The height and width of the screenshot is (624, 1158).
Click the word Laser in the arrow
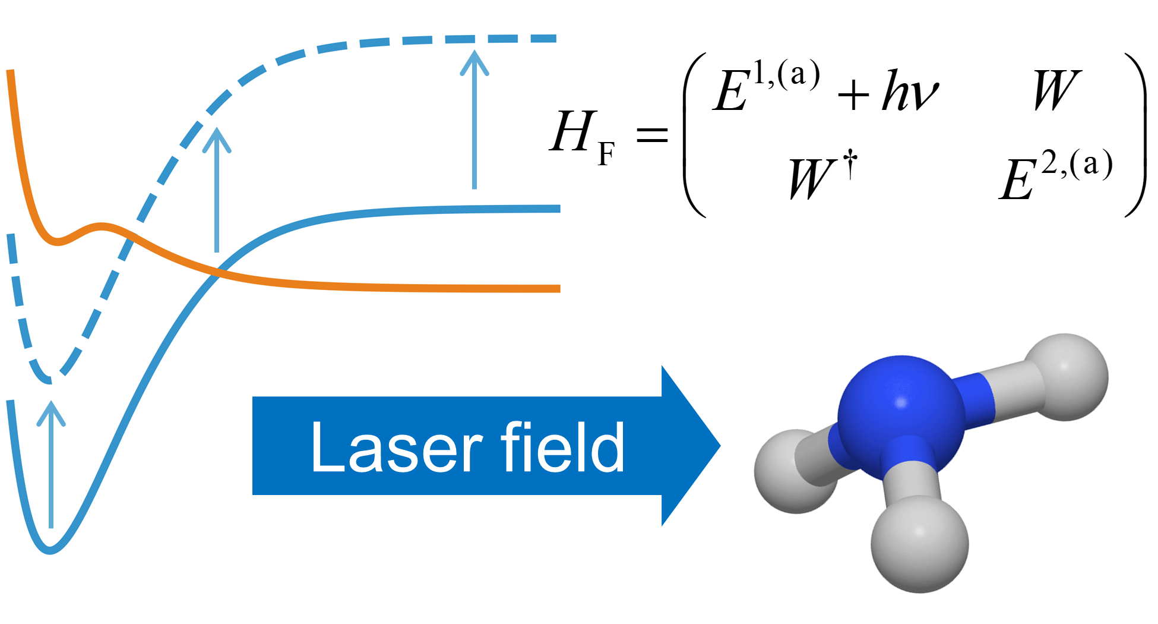(x=397, y=447)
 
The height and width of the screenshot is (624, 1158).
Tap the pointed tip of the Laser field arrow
(x=720, y=446)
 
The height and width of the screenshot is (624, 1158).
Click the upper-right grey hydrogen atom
(x=1067, y=377)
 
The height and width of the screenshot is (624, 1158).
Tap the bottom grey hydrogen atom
(x=919, y=544)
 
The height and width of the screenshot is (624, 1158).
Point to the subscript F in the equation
(x=606, y=155)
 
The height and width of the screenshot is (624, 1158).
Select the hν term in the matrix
(x=910, y=91)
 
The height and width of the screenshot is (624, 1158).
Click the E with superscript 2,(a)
(x=1055, y=174)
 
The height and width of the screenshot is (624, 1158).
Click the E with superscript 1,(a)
(x=766, y=86)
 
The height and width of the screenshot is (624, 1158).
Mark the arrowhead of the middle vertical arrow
(x=217, y=140)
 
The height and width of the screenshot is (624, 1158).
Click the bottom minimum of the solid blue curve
(x=50, y=551)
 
